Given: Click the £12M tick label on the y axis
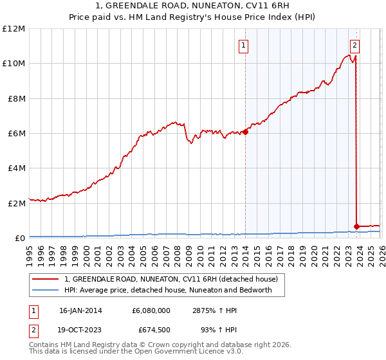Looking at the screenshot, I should click(x=14, y=29).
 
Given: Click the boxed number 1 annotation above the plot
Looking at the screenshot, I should click(x=244, y=46).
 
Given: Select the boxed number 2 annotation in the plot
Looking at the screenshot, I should click(x=355, y=46).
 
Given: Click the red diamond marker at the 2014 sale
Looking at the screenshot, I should click(x=245, y=132).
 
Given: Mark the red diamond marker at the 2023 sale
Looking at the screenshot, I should click(x=356, y=226).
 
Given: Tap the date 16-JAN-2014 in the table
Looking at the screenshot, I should click(x=80, y=310).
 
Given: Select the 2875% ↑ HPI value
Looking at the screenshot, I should click(x=215, y=310).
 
